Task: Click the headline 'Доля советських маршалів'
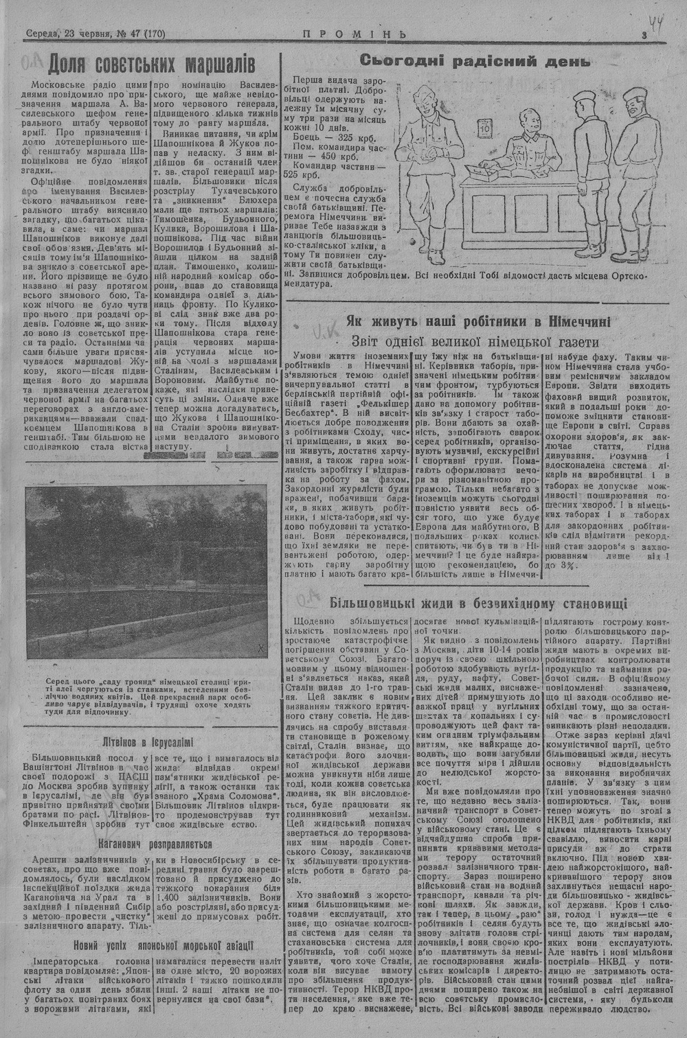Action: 152,65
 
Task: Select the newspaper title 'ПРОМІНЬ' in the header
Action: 354,34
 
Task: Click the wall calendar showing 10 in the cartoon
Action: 484,128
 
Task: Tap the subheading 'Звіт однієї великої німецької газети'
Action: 476,341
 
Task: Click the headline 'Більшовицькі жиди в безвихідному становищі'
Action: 477,604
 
